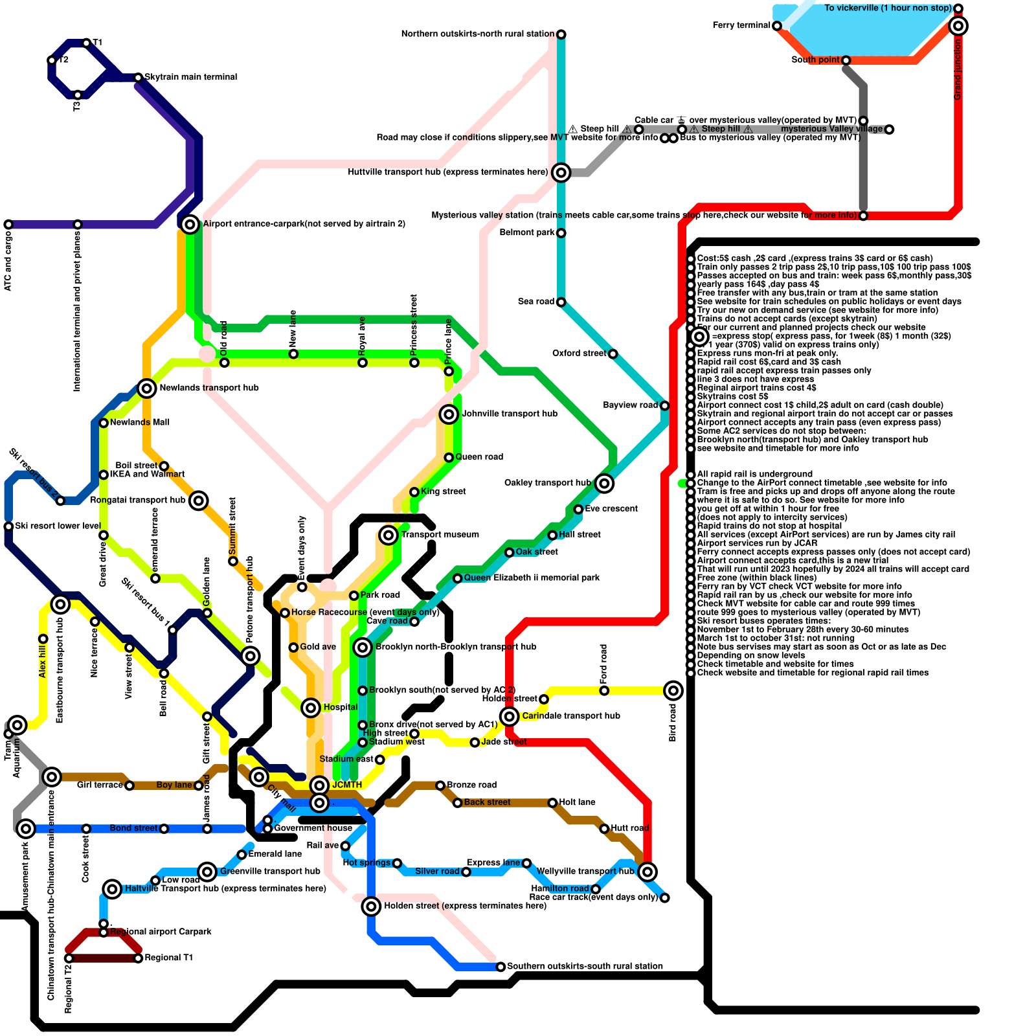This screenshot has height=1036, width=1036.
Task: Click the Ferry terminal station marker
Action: point(776,26)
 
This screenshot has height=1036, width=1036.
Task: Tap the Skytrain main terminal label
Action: point(190,77)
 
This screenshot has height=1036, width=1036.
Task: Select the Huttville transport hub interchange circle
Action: point(561,172)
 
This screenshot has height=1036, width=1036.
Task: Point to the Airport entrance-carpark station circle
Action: point(190,224)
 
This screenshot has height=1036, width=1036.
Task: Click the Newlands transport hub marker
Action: point(147,388)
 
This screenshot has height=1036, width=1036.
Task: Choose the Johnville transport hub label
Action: point(510,414)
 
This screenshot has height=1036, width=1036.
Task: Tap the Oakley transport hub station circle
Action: point(604,483)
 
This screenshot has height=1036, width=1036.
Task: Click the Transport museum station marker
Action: point(388,535)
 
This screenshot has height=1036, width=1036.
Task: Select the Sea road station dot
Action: point(561,302)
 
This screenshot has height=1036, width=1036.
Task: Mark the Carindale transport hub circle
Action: point(510,716)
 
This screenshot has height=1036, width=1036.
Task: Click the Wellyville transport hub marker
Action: point(647,872)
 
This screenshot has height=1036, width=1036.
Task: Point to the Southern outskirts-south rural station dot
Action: point(501,967)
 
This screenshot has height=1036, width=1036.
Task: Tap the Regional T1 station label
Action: point(168,958)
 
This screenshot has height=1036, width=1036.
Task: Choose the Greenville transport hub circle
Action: point(207,872)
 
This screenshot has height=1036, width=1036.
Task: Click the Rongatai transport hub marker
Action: point(199,501)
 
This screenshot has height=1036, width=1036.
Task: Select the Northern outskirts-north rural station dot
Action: point(561,34)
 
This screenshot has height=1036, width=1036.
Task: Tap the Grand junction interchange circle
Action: point(958,26)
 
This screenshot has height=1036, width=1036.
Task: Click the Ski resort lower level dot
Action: point(8,526)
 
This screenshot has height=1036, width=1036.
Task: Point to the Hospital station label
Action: point(340,707)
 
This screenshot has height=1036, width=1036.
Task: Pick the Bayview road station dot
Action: point(664,405)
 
